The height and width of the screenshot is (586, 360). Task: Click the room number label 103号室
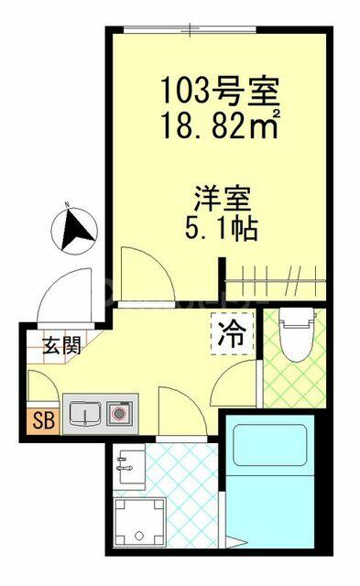[x=220, y=91]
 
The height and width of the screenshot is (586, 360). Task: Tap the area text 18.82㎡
[x=220, y=125]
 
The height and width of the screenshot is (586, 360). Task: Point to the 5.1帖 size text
[x=222, y=229]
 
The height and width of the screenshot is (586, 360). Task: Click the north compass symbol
[x=74, y=230]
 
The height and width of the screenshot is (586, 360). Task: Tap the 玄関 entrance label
[x=62, y=345]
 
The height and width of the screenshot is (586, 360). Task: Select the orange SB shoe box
[x=43, y=421]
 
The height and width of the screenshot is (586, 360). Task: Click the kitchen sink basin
[x=85, y=414]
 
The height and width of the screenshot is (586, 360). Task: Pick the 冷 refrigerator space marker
[x=233, y=333]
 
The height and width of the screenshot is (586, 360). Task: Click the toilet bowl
[x=297, y=334]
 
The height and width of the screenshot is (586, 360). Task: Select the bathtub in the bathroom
[x=270, y=445]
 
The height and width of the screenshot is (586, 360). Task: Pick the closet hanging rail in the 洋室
[x=276, y=278]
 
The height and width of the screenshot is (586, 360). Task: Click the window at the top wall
[x=191, y=29]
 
